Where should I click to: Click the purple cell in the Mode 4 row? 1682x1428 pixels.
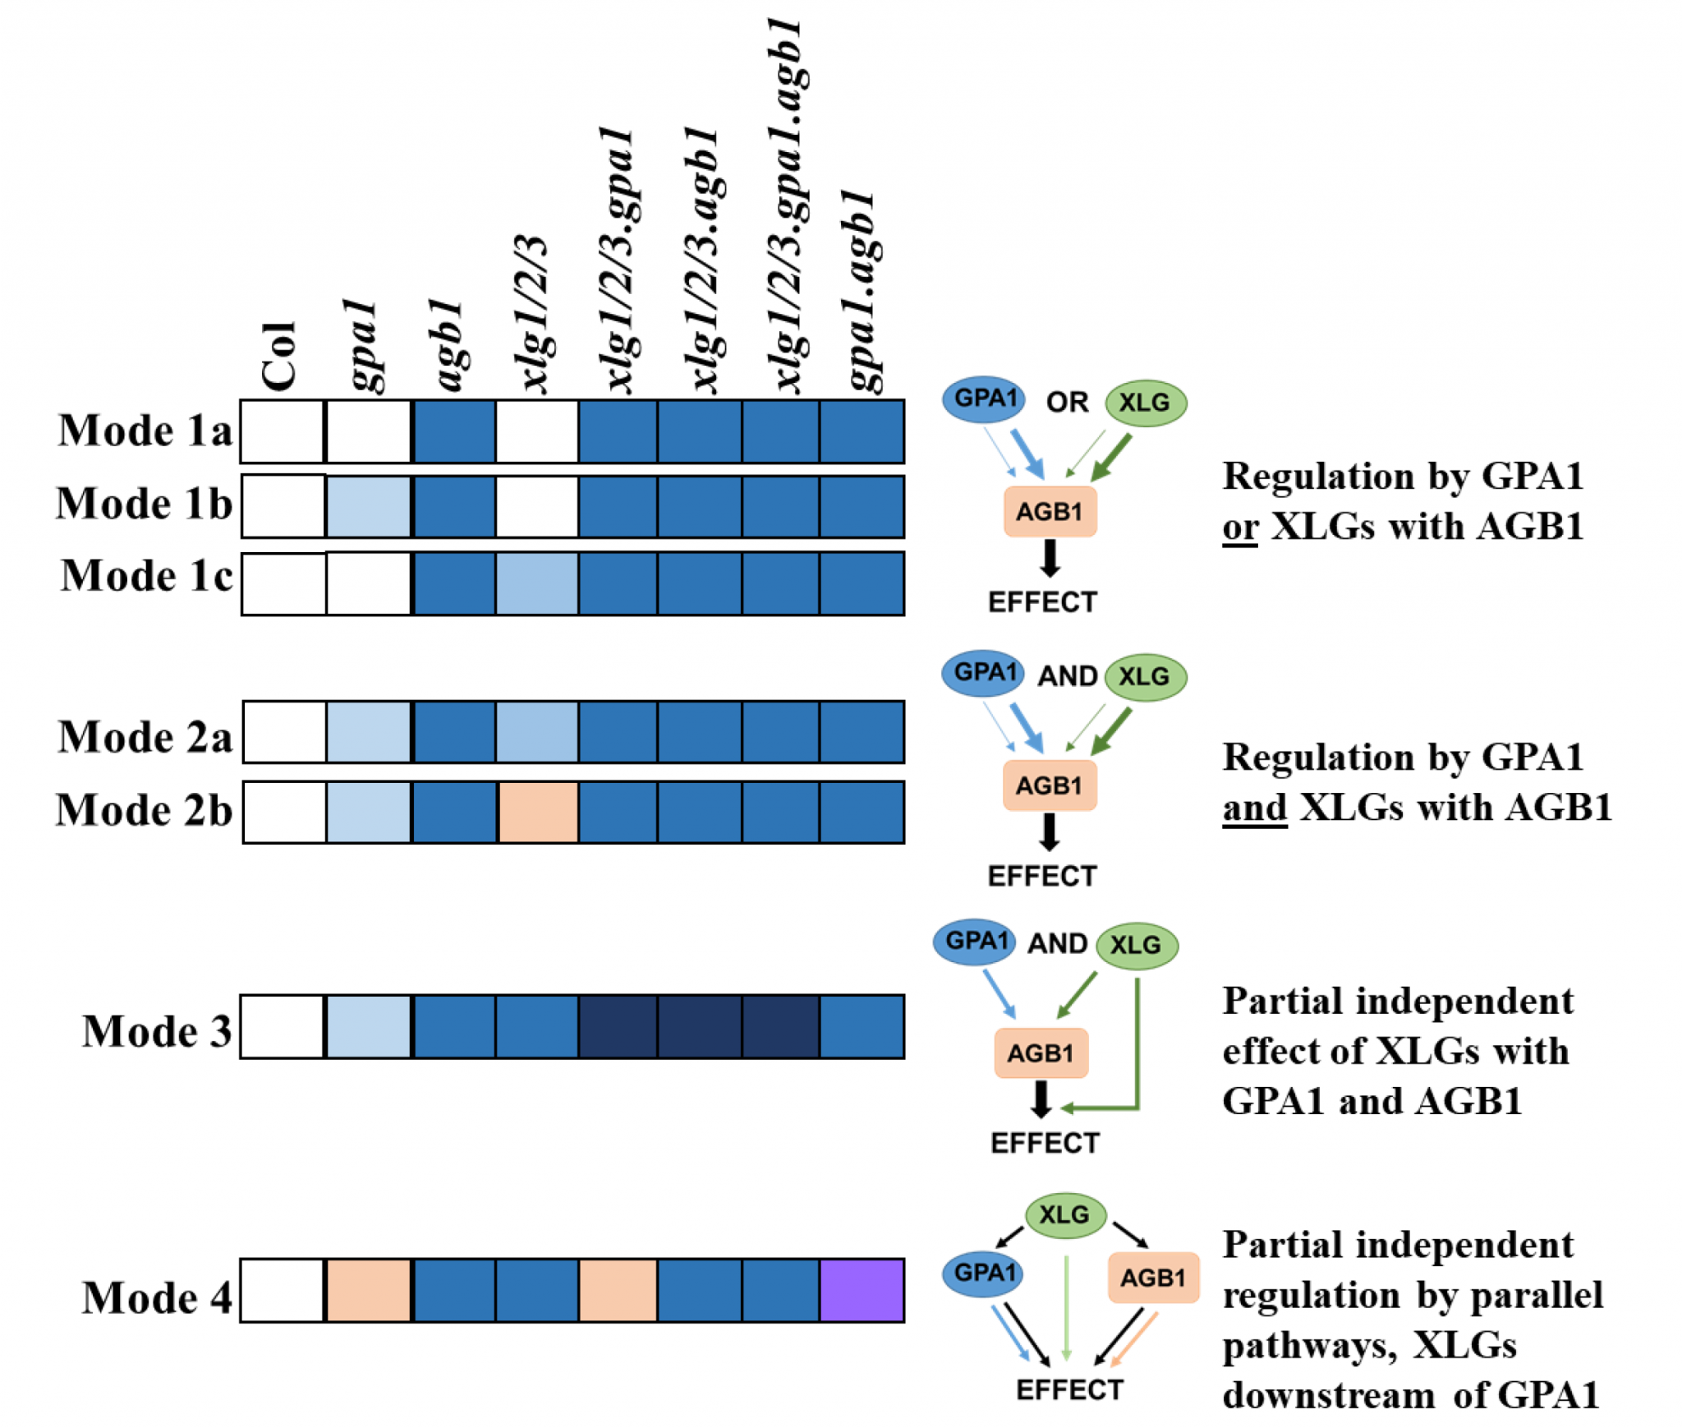(x=862, y=1289)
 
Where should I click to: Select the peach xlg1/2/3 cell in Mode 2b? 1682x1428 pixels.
(x=537, y=812)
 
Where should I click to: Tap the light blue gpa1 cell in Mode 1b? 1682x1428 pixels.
(x=368, y=506)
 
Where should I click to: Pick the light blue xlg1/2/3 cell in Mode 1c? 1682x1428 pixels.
(x=537, y=583)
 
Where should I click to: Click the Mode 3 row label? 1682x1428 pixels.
(x=156, y=1030)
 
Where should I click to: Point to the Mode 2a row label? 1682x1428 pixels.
(x=145, y=736)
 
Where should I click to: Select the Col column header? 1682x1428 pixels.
(x=278, y=355)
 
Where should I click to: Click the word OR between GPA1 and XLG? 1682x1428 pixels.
(x=1067, y=403)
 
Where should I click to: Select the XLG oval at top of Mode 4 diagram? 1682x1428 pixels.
(x=1065, y=1214)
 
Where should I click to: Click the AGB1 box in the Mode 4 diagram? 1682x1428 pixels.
(x=1152, y=1277)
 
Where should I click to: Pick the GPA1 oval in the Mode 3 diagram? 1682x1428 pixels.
(x=975, y=941)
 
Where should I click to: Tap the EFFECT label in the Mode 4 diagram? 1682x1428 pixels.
(x=1069, y=1389)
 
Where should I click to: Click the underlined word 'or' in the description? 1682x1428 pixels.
(x=1239, y=527)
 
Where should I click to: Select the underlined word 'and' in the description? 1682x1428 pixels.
(x=1254, y=807)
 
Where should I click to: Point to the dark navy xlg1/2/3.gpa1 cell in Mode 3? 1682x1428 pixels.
(x=618, y=1026)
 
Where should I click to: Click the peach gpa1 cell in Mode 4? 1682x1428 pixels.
(x=368, y=1289)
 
